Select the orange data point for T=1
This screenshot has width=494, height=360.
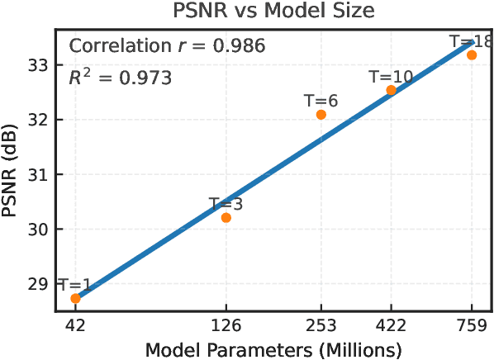pyautogui.click(x=76, y=298)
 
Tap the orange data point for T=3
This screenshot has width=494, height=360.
pyautogui.click(x=226, y=217)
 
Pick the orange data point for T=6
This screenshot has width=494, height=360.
pyautogui.click(x=321, y=114)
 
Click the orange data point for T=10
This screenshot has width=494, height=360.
pyautogui.click(x=392, y=90)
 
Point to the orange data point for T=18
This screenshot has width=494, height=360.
pyautogui.click(x=472, y=54)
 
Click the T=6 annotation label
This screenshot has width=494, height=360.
pyautogui.click(x=321, y=101)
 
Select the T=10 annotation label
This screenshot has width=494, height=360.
pyautogui.click(x=391, y=77)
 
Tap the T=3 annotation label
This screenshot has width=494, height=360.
pyautogui.click(x=226, y=203)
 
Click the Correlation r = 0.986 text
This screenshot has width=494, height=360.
pyautogui.click(x=166, y=46)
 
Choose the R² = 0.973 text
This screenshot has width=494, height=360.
pyautogui.click(x=120, y=78)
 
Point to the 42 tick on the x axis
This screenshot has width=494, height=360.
pyautogui.click(x=76, y=324)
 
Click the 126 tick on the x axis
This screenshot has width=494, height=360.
pyautogui.click(x=226, y=324)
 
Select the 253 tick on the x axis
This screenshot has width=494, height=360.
pyautogui.click(x=321, y=324)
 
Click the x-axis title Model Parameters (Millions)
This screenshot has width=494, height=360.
pyautogui.click(x=273, y=348)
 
